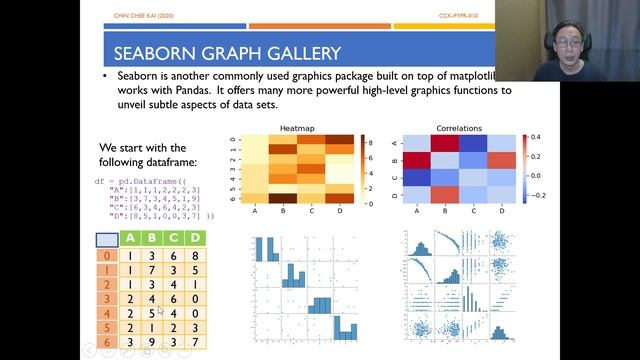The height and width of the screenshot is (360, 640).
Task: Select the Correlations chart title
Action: pos(459,129)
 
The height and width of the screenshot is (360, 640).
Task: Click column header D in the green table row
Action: pos(196,238)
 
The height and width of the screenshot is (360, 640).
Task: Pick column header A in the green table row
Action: pos(129,238)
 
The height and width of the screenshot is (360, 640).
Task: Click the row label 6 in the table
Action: pos(105,343)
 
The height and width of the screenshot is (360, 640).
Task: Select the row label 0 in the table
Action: pos(105,255)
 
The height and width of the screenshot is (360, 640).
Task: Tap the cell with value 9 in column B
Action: pos(151,343)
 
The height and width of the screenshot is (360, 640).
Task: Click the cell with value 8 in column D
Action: pos(196,255)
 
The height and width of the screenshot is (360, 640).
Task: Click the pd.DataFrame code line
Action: pos(133,181)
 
